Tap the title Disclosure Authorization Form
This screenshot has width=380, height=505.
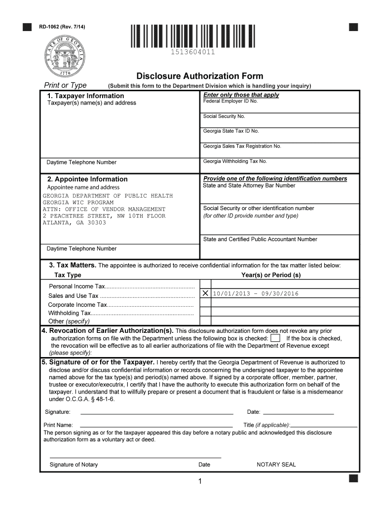point(199,76)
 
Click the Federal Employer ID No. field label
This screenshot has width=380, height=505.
point(230,101)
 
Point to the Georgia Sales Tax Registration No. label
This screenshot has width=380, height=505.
point(242,146)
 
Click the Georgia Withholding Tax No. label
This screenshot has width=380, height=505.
point(235,161)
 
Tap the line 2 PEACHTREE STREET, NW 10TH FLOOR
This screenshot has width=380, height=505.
point(104,216)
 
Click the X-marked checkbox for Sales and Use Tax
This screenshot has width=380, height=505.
point(205,294)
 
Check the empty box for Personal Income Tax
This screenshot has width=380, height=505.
point(205,285)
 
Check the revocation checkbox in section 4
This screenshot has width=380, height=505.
point(275,338)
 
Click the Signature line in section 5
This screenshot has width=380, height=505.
point(156,412)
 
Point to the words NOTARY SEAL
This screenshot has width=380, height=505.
point(276,465)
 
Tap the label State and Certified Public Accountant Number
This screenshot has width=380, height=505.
point(260,239)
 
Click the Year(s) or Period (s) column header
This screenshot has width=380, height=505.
point(270,275)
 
